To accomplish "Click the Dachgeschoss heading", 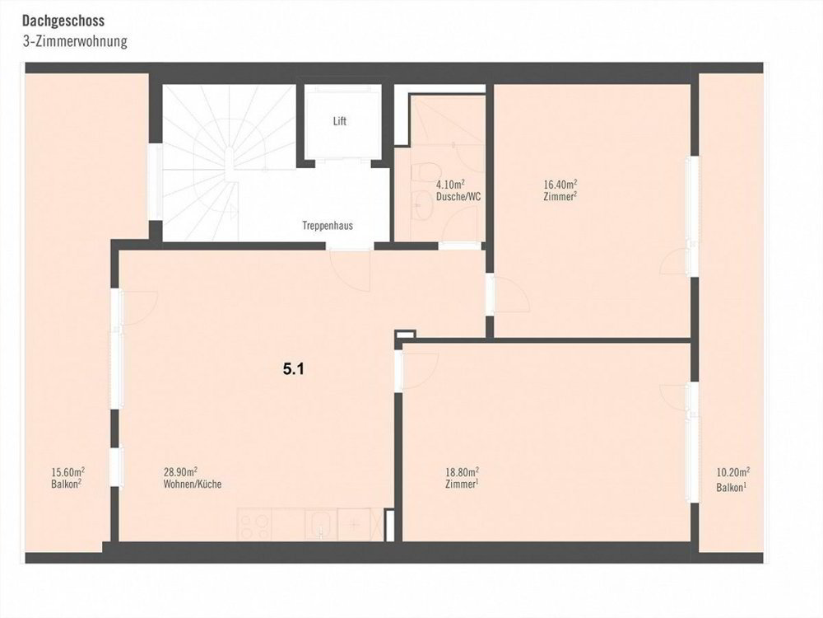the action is [63, 21].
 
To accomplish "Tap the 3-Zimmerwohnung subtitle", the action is [75, 41].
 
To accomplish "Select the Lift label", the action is [340, 121].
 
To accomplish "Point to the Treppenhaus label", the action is [328, 226].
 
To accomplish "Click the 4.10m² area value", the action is [450, 185].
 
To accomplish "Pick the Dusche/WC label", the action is [458, 197].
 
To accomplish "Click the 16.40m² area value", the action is [560, 185].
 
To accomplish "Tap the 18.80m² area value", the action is [462, 472].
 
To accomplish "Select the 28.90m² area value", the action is [180, 472].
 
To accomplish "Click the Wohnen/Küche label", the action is [192, 484].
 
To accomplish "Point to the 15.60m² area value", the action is [68, 471].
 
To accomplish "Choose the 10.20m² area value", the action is [733, 472].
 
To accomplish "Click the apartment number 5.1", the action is [294, 369].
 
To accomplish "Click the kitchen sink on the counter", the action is [320, 524].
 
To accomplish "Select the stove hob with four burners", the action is [254, 524].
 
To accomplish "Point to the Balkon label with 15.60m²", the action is [66, 484].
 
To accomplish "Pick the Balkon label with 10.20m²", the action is [731, 488].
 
